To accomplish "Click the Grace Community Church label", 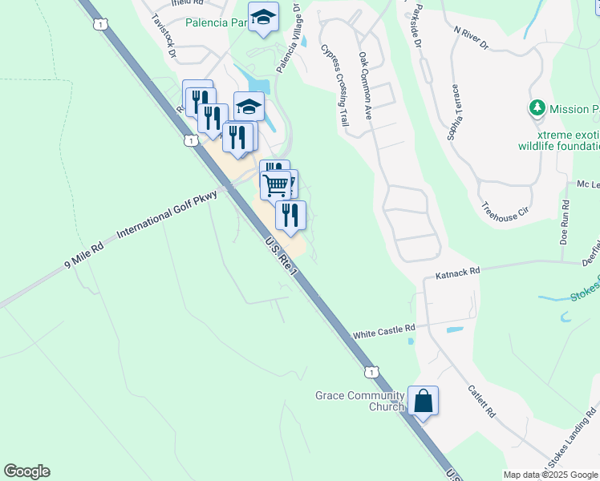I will coord(359,401).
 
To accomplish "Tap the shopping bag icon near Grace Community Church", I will coord(423,401).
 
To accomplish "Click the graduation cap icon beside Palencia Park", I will coord(262,18).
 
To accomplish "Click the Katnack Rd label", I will coord(457,274).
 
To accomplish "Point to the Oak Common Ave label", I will coord(367,86).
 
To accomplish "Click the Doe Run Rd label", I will coord(565,223).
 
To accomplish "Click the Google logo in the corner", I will coord(26,471).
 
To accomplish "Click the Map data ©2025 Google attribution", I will coord(551,475).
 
